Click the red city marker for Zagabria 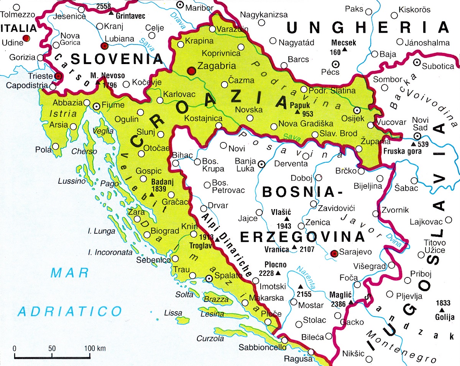(x=191, y=71)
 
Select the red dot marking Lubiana (x=104, y=46)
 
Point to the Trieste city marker (x=58, y=76)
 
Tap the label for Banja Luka (x=245, y=165)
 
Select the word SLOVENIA (x=117, y=59)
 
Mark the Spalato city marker (x=209, y=279)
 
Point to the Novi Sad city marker (x=417, y=137)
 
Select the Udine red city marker (x=26, y=38)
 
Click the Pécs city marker (x=335, y=64)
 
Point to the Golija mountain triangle (x=442, y=310)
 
